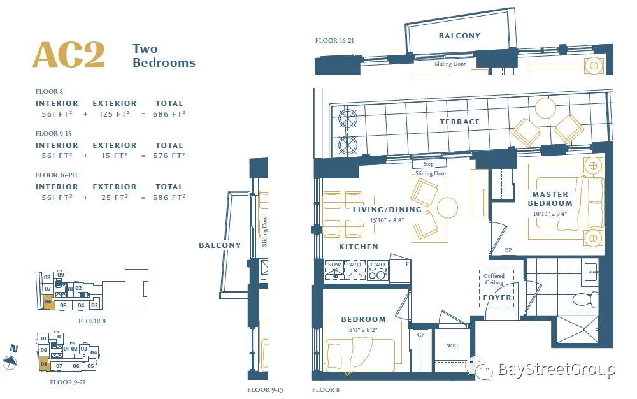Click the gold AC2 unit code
click(x=69, y=55)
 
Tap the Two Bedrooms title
click(x=164, y=55)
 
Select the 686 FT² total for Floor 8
click(x=169, y=114)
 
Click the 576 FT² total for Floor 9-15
click(x=169, y=156)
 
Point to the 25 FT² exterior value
click(x=115, y=198)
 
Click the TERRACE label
click(x=460, y=122)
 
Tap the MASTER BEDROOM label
click(x=550, y=199)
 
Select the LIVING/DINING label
click(x=387, y=210)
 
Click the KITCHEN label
click(x=359, y=247)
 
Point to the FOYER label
click(x=497, y=298)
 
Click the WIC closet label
click(x=452, y=345)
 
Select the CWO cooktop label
click(x=377, y=265)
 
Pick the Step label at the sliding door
click(x=429, y=164)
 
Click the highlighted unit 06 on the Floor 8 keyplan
click(x=48, y=303)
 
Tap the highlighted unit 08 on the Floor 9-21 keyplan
click(x=44, y=364)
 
